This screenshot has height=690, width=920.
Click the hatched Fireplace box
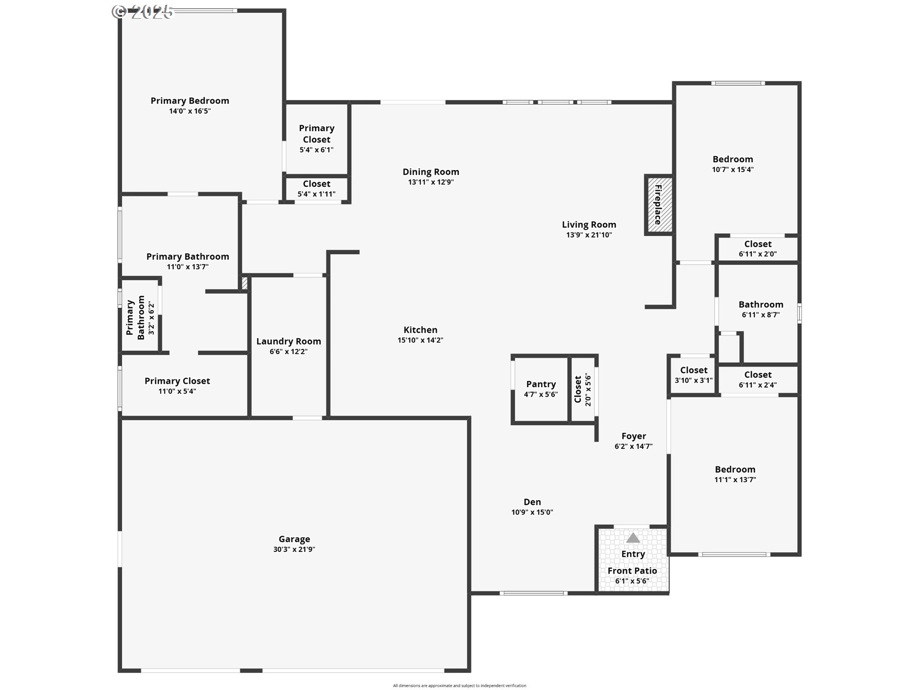click(658, 205)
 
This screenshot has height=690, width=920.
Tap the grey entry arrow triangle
click(633, 538)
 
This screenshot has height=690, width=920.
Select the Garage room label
click(294, 539)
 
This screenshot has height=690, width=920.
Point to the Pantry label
click(541, 384)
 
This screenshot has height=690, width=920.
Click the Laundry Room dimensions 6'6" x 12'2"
click(288, 352)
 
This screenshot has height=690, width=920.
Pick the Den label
click(532, 502)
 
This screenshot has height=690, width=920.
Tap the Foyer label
click(633, 436)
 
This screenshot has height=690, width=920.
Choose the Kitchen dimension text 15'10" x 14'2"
click(420, 340)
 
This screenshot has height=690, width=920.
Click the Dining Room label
click(431, 172)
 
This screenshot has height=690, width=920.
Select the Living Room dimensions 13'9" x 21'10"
click(589, 235)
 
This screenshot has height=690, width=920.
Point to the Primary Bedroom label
click(190, 101)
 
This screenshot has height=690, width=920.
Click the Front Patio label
click(632, 571)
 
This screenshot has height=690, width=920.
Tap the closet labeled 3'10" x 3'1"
click(694, 374)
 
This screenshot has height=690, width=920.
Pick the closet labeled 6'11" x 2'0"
click(758, 248)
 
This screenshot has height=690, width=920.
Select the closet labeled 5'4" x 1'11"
click(316, 188)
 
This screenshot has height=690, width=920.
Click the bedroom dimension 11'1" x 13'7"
click(735, 480)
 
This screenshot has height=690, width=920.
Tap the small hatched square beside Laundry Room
click(244, 283)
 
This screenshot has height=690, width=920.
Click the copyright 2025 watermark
click(142, 11)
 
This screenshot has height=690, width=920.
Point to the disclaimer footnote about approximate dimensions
click(460, 686)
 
